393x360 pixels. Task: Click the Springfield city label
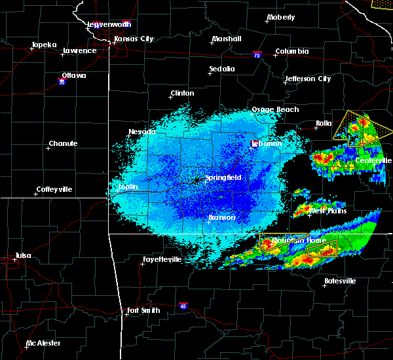(x=223, y=177)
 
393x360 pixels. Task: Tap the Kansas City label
(x=134, y=39)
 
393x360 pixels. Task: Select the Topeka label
(x=45, y=45)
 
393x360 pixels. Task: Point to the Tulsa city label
(x=22, y=255)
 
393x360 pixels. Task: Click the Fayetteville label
(x=162, y=260)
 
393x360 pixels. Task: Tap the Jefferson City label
(x=307, y=79)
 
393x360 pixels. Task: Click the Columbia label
(x=291, y=51)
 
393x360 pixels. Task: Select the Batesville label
(x=340, y=281)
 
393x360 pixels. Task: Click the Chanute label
(x=63, y=144)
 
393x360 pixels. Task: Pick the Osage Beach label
(x=275, y=110)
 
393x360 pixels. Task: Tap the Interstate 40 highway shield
(x=182, y=305)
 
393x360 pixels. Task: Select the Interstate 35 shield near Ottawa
(x=62, y=82)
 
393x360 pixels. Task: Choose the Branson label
(x=222, y=218)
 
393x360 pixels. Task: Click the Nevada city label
(x=142, y=132)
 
